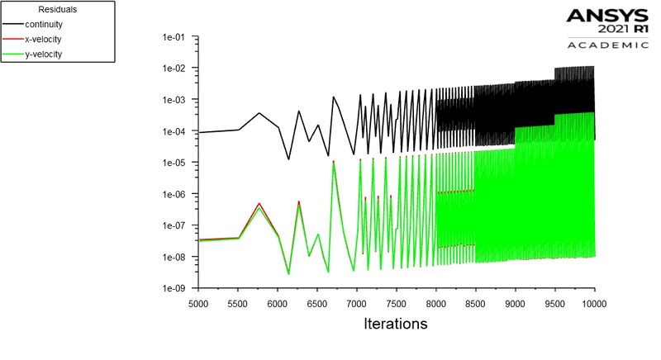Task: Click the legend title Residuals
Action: coord(57,9)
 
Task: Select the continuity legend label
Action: coord(44,25)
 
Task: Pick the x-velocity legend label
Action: coord(43,39)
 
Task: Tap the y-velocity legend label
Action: coord(43,54)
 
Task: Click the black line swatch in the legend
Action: coord(13,25)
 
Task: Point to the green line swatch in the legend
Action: coord(13,54)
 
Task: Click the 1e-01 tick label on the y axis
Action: coord(174,37)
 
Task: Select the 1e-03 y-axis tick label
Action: coord(174,100)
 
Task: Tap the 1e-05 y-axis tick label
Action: coord(174,163)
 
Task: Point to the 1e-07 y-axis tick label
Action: coord(174,225)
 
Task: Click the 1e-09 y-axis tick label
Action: coord(174,288)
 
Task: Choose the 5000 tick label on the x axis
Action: coord(198,304)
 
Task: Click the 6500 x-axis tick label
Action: coord(317,304)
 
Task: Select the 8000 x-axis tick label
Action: coord(436,304)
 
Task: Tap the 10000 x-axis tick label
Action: coord(594,304)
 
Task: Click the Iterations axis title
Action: coord(396,324)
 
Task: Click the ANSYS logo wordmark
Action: coord(607,16)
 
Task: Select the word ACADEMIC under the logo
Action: coord(608,45)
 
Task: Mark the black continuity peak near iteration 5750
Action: coord(259,113)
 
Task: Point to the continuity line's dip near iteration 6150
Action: coord(288,159)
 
